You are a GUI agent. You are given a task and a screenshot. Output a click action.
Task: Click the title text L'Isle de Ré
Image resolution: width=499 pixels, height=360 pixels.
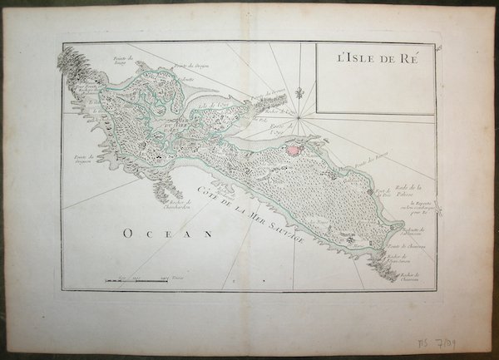(x=374, y=59)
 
